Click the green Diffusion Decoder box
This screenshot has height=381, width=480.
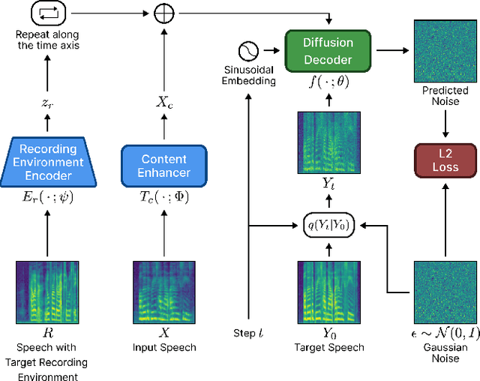(328, 50)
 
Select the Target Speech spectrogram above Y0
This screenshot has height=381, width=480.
(328, 288)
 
